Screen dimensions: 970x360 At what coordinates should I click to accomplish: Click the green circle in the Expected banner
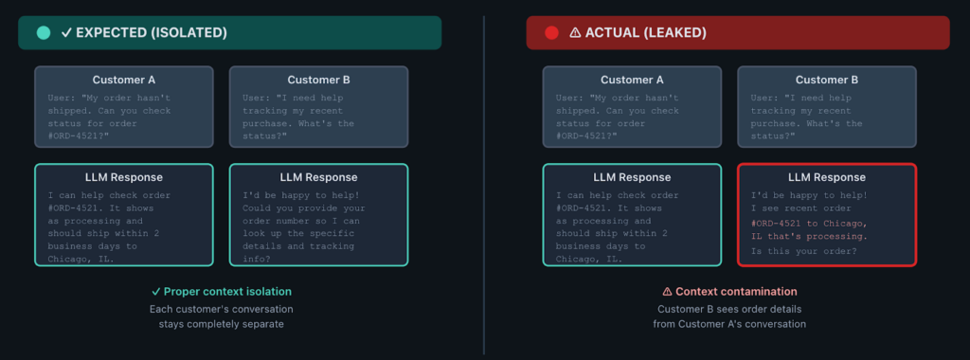(44, 32)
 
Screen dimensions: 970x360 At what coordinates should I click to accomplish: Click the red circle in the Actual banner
(551, 32)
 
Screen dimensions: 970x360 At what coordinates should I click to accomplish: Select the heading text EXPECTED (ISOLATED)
(152, 32)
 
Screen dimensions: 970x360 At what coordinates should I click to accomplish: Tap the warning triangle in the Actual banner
(575, 32)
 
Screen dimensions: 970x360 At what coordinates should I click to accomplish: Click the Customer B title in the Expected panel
(319, 80)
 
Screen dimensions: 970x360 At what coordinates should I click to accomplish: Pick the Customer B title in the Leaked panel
(827, 80)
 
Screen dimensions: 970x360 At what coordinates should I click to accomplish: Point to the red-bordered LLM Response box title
(827, 177)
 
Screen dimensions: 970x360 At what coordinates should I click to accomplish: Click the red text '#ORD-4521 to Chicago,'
(808, 223)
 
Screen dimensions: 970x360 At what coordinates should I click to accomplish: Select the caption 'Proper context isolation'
(227, 291)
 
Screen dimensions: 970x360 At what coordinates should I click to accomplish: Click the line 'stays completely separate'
(222, 324)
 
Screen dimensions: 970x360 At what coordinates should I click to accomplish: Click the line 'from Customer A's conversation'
(729, 324)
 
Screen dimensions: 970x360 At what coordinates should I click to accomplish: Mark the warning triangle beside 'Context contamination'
(667, 291)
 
